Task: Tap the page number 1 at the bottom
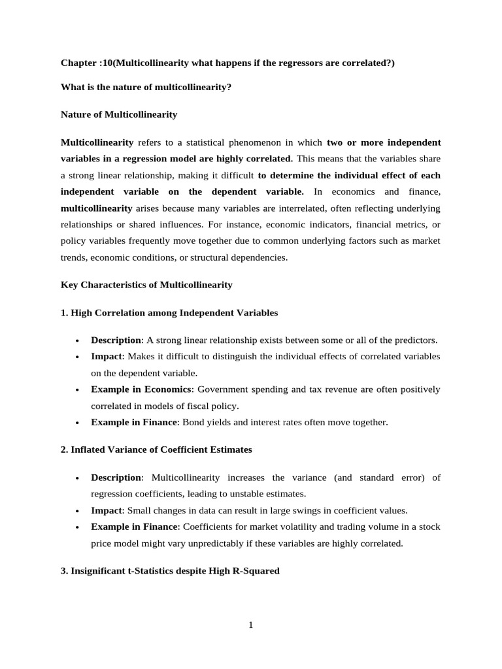tap(250, 625)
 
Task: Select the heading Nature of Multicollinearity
tap(118, 114)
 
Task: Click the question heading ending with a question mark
tap(146, 87)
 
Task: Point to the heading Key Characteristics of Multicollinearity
tap(146, 285)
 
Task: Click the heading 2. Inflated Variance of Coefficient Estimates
tap(156, 449)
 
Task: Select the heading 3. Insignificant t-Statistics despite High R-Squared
tap(170, 570)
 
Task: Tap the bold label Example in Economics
tap(141, 389)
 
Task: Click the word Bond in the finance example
tap(193, 422)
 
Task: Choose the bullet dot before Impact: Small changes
tap(78, 511)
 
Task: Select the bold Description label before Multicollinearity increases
tap(116, 478)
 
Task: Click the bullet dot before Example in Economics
tap(78, 390)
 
